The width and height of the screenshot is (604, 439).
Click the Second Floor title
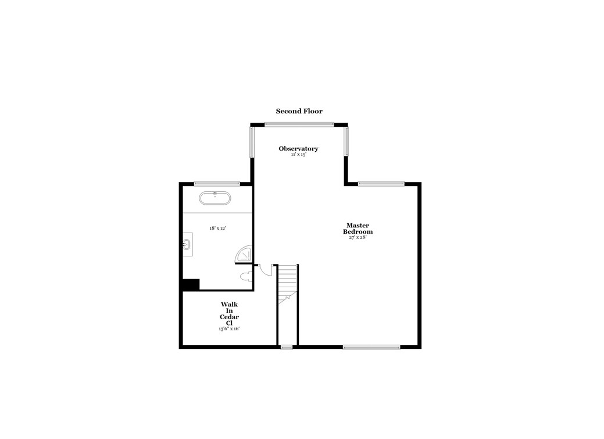click(299, 111)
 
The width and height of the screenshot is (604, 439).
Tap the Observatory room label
click(298, 149)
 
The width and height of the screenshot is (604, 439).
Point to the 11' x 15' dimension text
click(298, 155)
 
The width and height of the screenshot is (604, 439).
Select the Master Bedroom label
click(358, 229)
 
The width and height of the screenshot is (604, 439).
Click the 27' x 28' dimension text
click(358, 237)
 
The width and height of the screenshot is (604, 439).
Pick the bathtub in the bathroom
click(215, 198)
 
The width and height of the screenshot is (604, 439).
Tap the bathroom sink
click(187, 244)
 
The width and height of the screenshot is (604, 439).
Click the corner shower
click(245, 255)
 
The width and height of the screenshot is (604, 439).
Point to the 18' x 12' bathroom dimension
click(218, 229)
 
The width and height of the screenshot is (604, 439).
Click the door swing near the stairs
click(266, 270)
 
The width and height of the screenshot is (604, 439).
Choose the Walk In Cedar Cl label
click(229, 313)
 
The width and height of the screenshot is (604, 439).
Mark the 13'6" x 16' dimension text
click(229, 329)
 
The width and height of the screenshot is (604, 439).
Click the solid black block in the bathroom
click(191, 284)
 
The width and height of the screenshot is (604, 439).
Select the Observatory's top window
click(299, 124)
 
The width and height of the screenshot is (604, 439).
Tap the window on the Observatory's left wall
click(252, 141)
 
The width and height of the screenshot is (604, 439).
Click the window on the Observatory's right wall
click(346, 141)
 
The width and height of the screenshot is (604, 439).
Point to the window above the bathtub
click(217, 184)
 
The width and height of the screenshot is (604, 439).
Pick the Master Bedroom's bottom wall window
click(371, 347)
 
